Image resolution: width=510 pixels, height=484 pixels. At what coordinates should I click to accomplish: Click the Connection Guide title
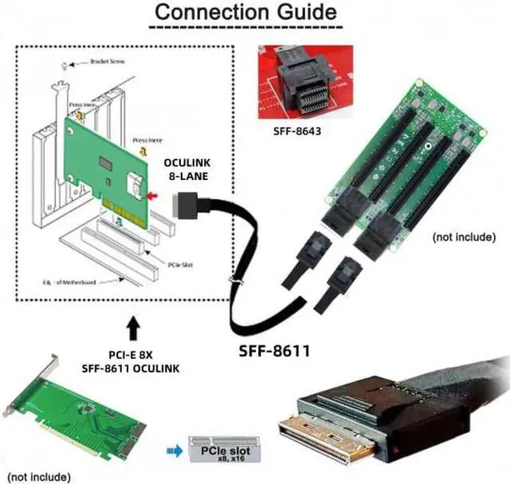point(245,14)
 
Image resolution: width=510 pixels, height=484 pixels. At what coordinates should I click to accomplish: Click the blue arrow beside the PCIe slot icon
point(171,449)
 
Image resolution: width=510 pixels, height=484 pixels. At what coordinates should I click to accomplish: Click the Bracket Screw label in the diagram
point(106,61)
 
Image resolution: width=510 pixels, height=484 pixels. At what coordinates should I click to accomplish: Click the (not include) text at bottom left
point(39,476)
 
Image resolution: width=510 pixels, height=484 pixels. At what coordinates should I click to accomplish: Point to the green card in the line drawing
point(108,163)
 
